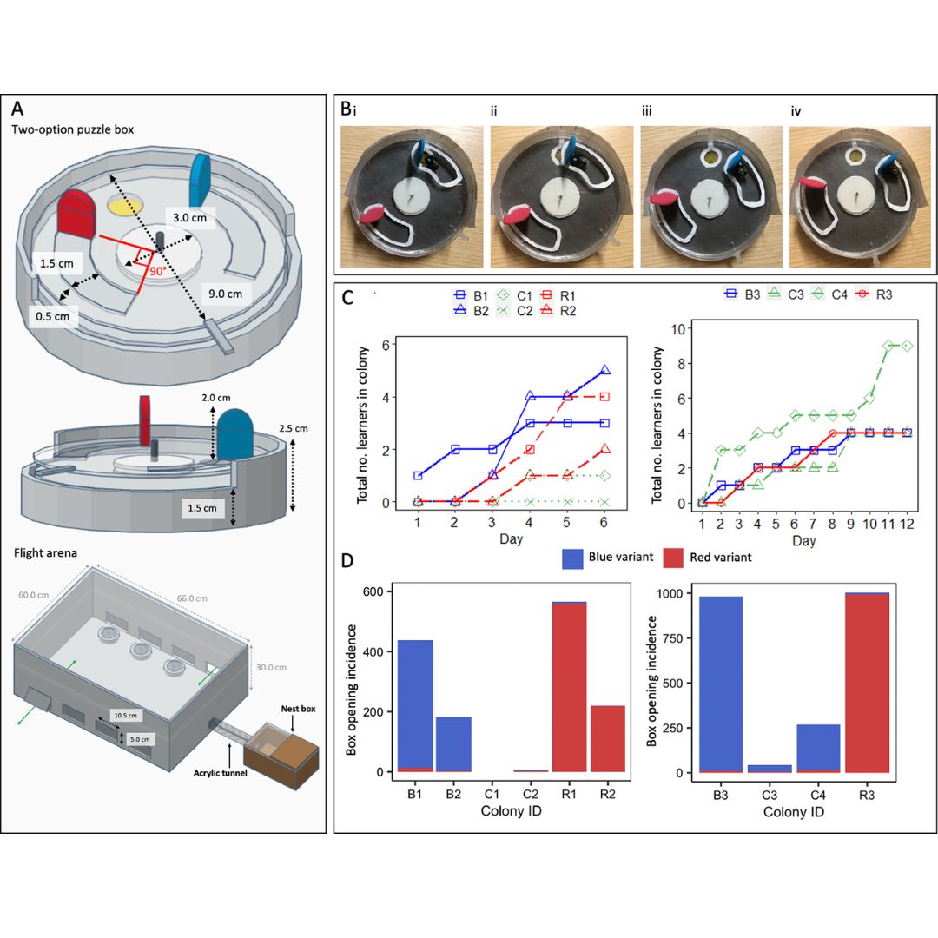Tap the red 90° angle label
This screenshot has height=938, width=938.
pos(156,270)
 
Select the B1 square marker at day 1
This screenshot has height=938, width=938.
pos(418,475)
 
